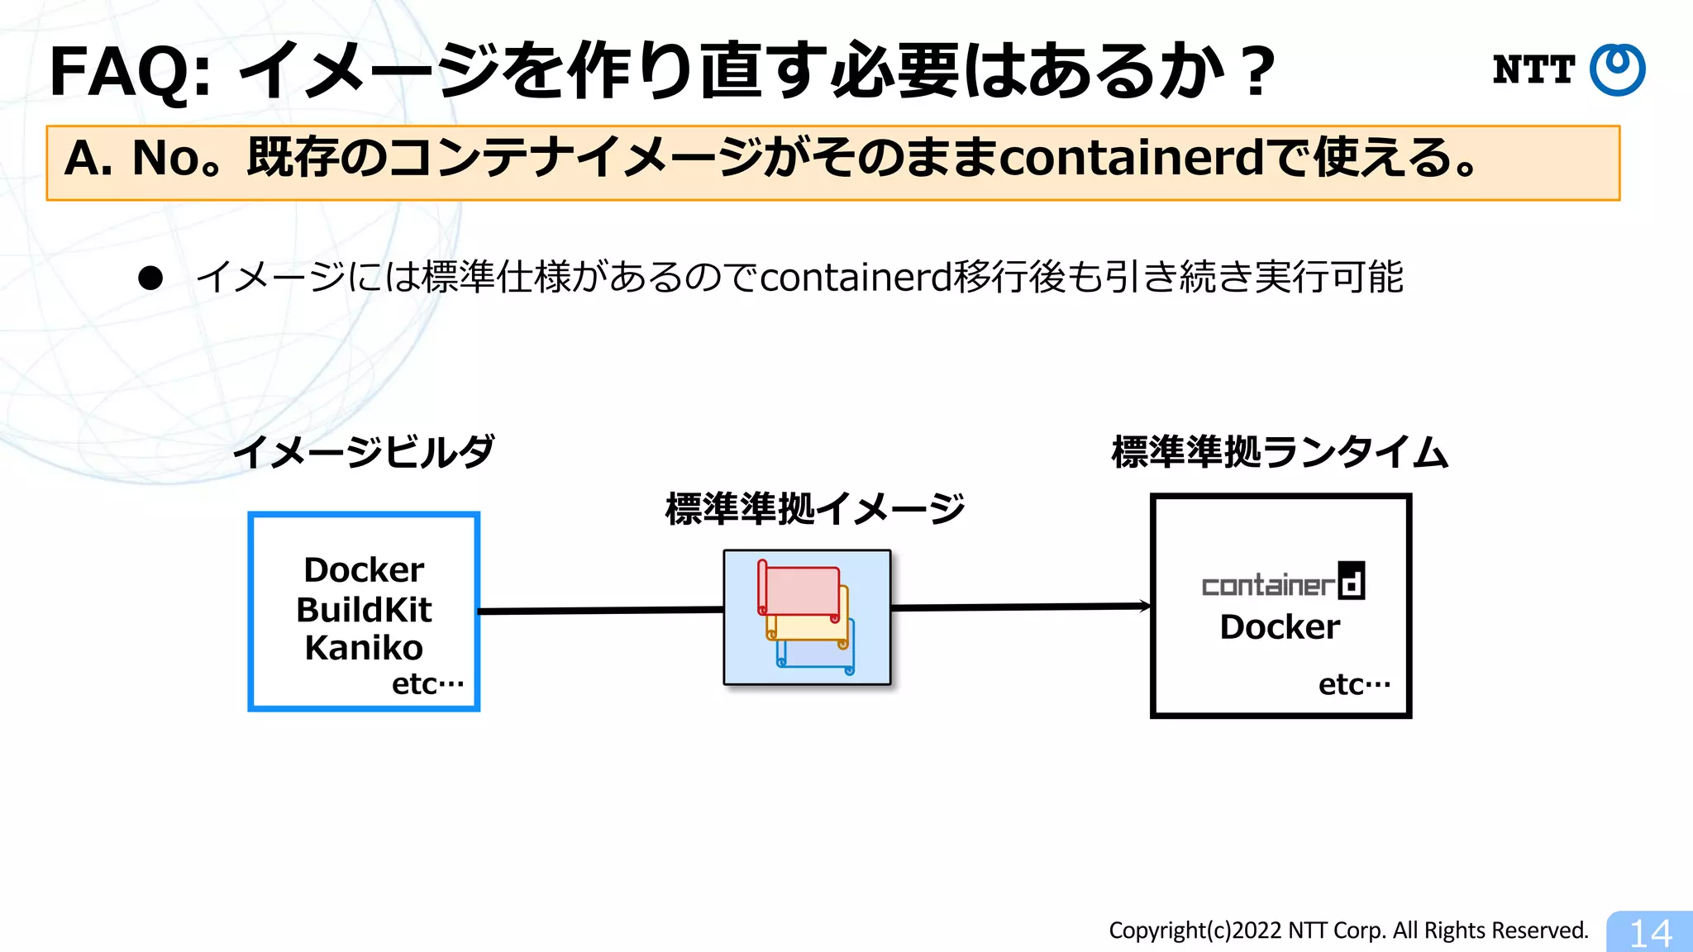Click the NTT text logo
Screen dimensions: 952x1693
click(1533, 70)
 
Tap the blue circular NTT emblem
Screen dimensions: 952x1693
click(1618, 70)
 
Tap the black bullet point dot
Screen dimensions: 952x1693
click(150, 278)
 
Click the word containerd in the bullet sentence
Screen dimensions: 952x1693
click(856, 278)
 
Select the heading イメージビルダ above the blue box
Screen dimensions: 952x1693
click(364, 453)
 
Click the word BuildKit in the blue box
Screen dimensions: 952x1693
click(364, 610)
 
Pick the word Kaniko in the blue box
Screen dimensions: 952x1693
click(364, 648)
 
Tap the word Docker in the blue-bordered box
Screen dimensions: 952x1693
click(364, 570)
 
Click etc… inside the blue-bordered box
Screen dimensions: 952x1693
click(427, 684)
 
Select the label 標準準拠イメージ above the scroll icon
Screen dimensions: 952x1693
click(815, 509)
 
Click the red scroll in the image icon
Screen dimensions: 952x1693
click(800, 590)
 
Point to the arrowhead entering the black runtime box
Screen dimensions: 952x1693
click(1146, 606)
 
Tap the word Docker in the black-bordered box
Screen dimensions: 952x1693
click(1280, 627)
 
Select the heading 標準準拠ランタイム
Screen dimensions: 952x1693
click(1280, 453)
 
